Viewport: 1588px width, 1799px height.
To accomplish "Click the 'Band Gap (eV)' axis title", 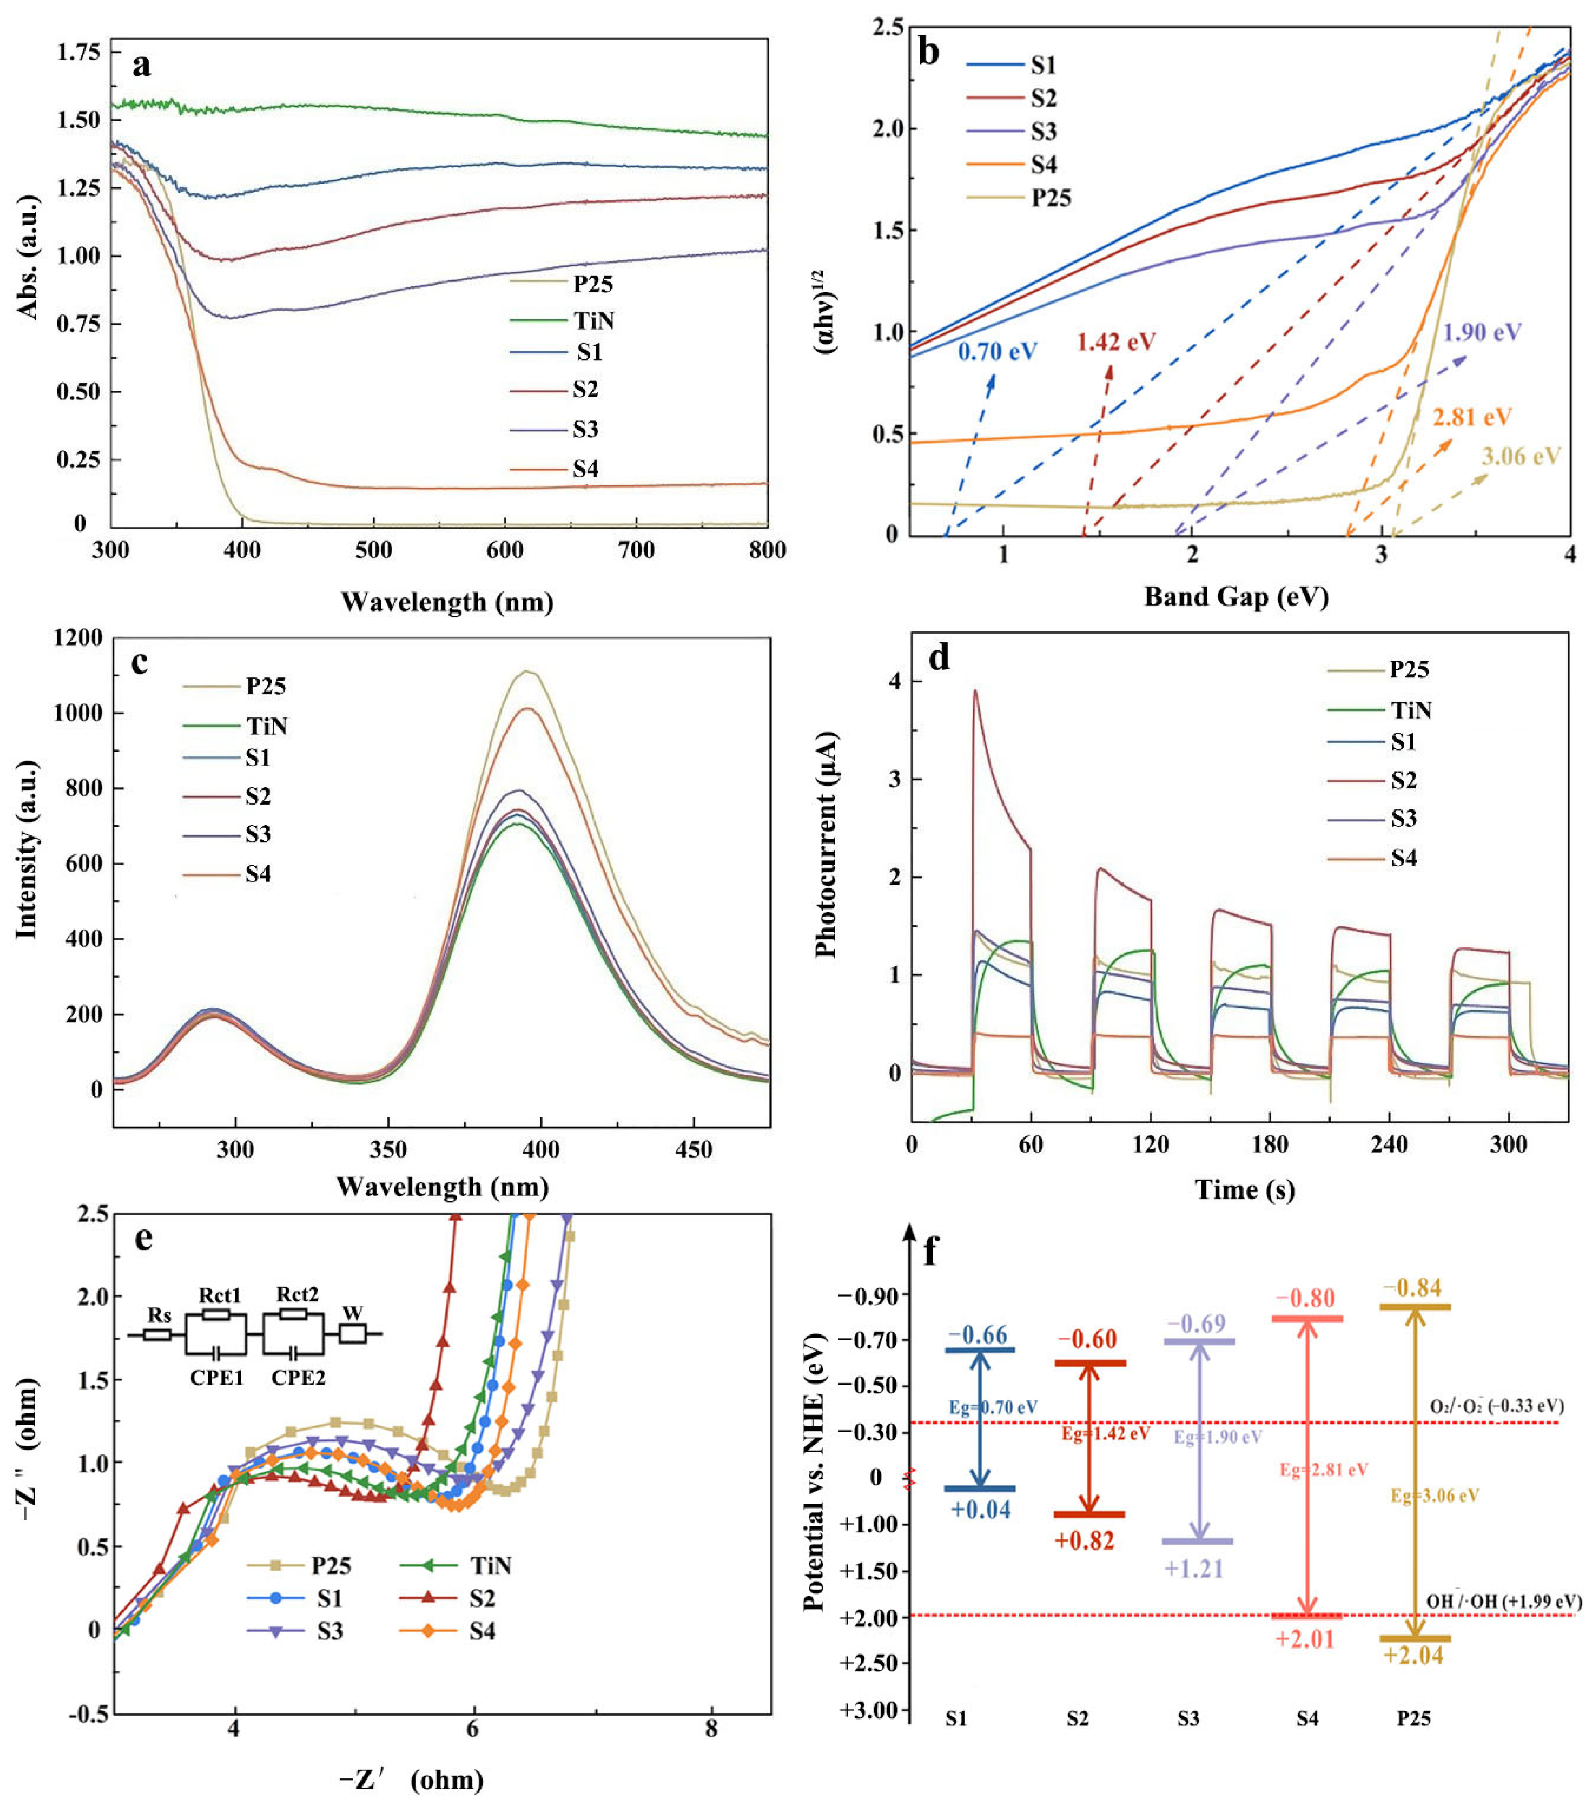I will (1236, 598).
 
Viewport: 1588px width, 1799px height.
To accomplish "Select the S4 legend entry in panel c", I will (258, 874).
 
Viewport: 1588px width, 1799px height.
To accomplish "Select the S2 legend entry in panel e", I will (482, 1598).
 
